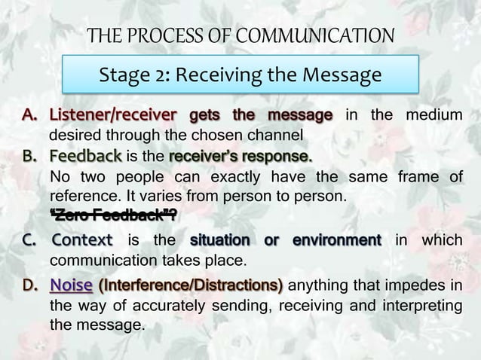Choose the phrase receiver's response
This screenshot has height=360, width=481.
[x=240, y=157]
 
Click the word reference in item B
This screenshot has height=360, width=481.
[x=81, y=197]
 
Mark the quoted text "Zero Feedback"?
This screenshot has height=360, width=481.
[x=113, y=217]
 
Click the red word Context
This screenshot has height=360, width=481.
[x=82, y=241]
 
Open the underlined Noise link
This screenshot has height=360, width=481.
[x=72, y=286]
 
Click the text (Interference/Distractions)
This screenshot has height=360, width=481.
[x=191, y=286]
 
